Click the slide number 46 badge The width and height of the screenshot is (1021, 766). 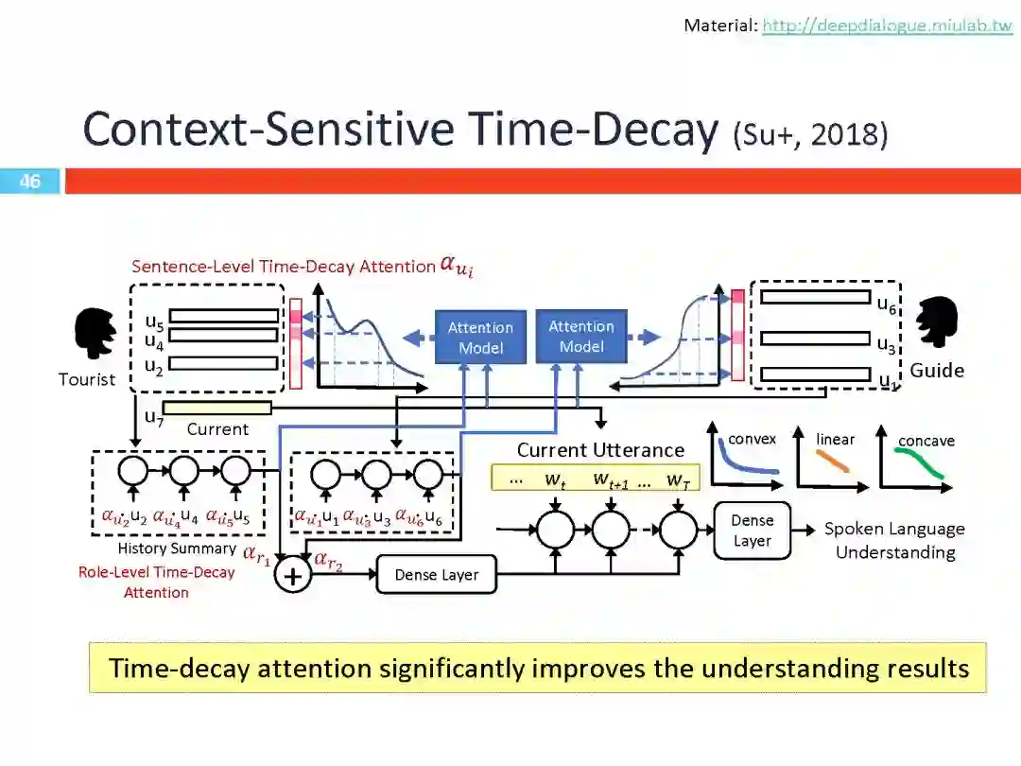(x=30, y=181)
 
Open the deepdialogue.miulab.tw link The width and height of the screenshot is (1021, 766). (x=887, y=26)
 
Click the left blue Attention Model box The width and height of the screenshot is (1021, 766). (x=480, y=338)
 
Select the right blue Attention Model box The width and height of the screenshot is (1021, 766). (x=581, y=337)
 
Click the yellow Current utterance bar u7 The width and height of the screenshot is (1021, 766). (x=216, y=408)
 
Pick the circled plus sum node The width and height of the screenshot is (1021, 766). (x=293, y=575)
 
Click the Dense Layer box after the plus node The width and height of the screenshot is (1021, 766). (x=436, y=574)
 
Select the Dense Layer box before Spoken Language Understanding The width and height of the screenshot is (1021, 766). (x=752, y=531)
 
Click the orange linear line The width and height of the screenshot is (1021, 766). (x=833, y=461)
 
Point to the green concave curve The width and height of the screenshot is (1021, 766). (x=922, y=463)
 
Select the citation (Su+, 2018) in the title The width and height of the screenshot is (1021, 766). (x=810, y=134)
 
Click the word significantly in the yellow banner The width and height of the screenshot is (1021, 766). (x=452, y=668)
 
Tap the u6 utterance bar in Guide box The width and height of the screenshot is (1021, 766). (x=815, y=297)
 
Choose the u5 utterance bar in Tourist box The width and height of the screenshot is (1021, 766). (x=224, y=316)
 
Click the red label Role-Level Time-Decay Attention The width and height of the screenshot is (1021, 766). (x=156, y=582)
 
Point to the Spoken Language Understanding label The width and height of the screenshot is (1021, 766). (x=894, y=540)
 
